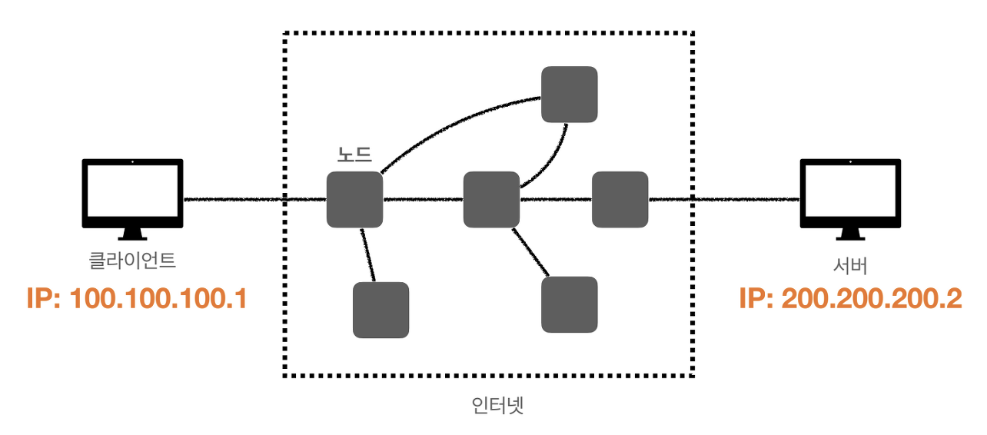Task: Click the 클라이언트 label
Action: (133, 261)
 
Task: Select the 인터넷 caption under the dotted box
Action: (497, 405)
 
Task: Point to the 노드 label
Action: (354, 154)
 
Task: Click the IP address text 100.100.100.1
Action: (137, 298)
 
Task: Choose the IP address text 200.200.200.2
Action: (850, 299)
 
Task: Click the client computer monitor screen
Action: (133, 191)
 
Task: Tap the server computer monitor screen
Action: (850, 191)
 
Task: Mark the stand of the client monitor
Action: (133, 233)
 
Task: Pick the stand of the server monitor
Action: (850, 233)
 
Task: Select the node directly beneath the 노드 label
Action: (354, 200)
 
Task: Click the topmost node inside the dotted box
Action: (569, 95)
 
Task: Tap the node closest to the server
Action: (620, 200)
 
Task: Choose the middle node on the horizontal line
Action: (491, 200)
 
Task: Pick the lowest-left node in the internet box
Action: (381, 310)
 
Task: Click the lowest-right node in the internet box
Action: (569, 304)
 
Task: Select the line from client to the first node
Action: (254, 200)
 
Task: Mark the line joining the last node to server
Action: (723, 200)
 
